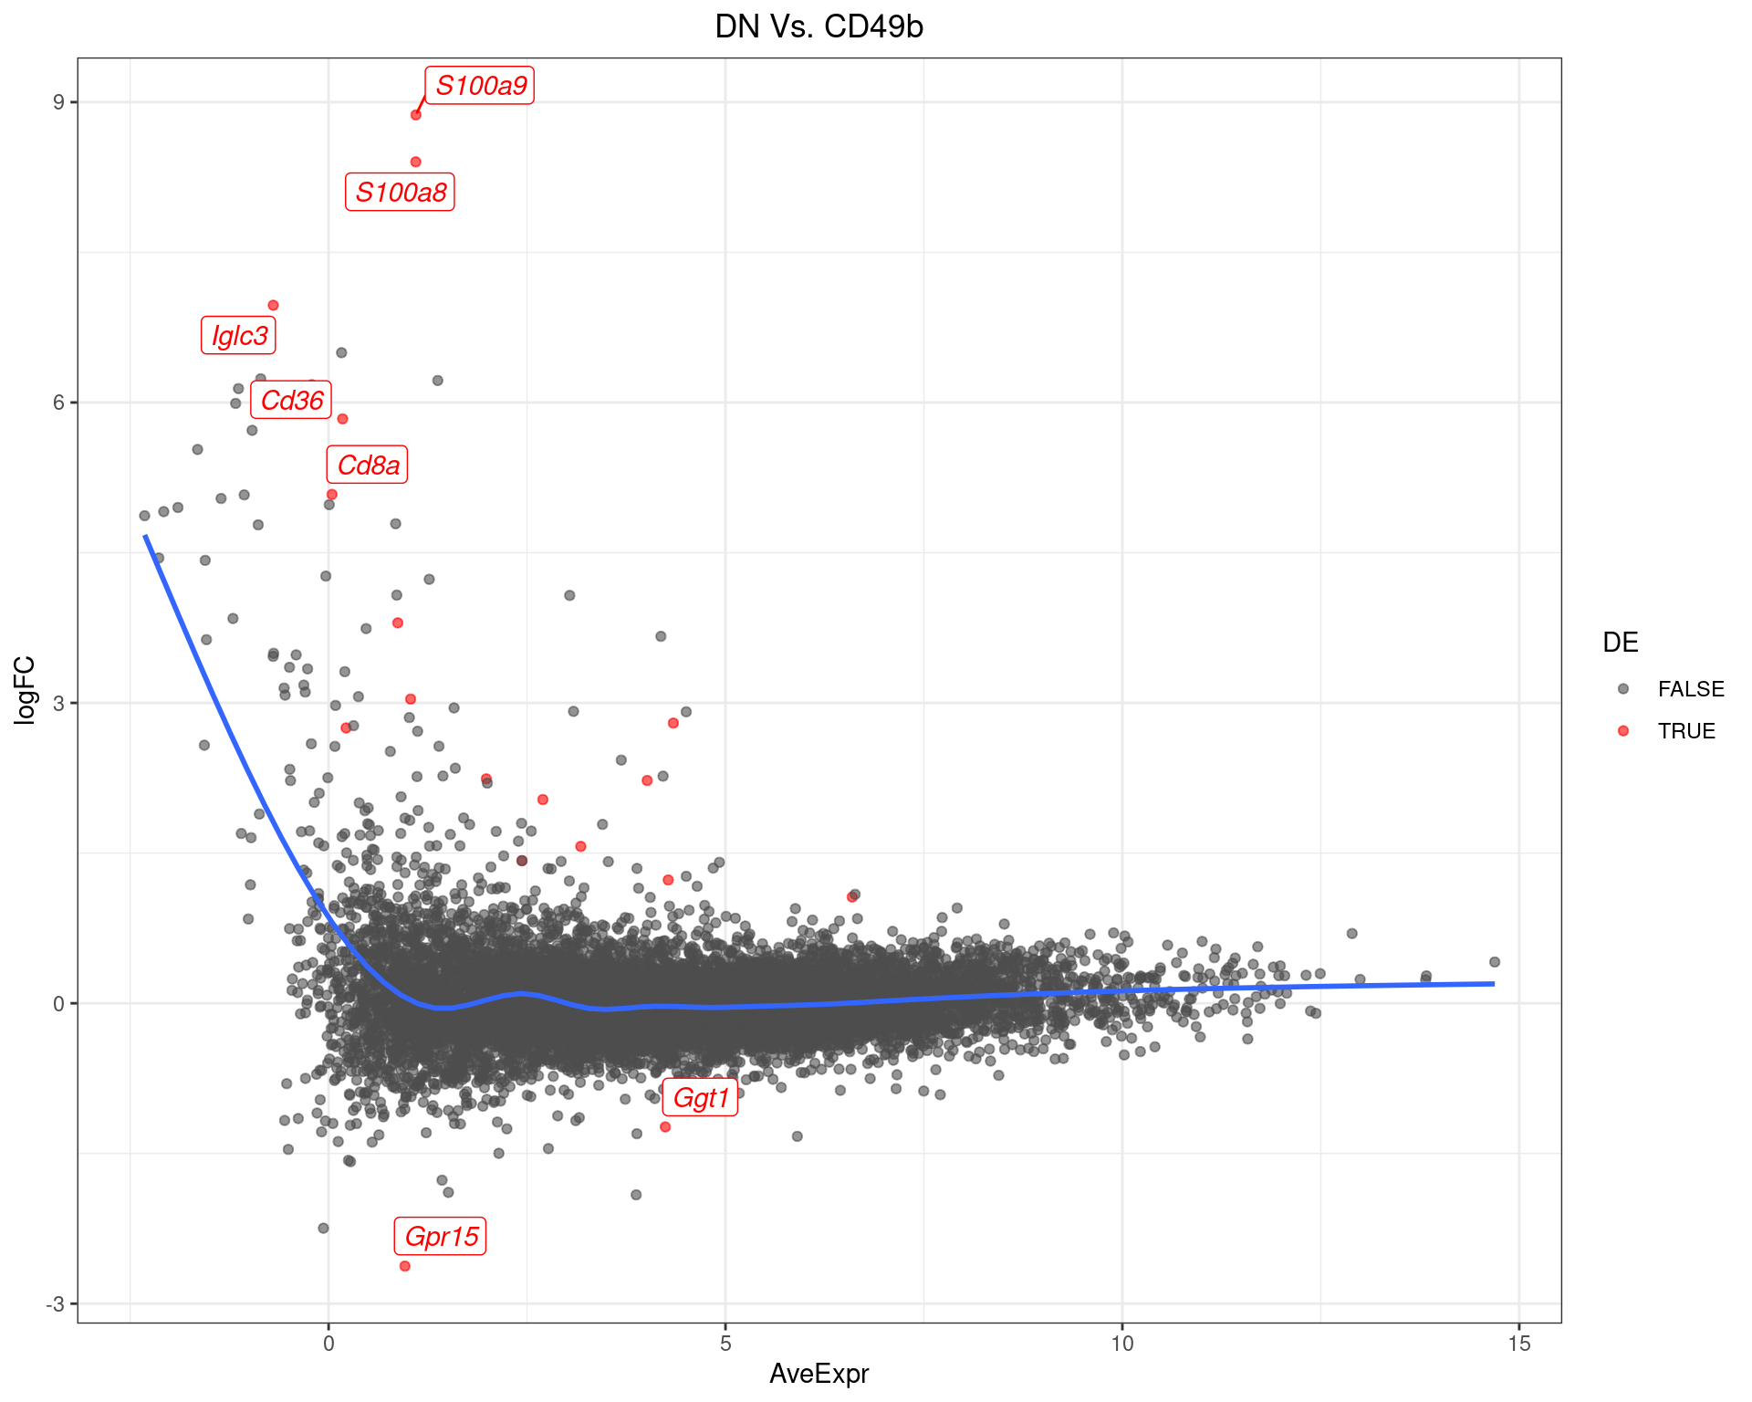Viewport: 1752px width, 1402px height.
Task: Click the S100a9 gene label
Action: [x=480, y=86]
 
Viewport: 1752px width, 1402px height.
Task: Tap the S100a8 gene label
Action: [x=401, y=193]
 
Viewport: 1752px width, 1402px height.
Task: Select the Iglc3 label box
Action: [x=239, y=336]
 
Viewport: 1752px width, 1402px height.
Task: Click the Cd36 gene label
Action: [x=292, y=401]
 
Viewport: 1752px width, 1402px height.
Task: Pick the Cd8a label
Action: [x=368, y=466]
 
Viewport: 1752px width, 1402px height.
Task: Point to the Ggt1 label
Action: [x=701, y=1098]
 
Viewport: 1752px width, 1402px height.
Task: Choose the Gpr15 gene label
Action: [x=441, y=1237]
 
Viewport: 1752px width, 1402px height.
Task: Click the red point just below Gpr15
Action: [x=405, y=1266]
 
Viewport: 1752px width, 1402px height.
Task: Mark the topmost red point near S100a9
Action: [x=416, y=115]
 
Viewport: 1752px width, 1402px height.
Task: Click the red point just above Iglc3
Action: [x=273, y=306]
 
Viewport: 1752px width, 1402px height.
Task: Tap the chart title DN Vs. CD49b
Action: [x=819, y=27]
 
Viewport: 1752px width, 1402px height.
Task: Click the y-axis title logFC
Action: [x=26, y=690]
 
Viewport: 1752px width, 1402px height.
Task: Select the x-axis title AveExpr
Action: [x=819, y=1374]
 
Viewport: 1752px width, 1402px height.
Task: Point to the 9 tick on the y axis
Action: [x=58, y=102]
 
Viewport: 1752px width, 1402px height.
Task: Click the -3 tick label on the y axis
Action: [x=56, y=1303]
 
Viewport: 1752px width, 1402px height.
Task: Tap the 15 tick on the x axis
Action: [x=1519, y=1344]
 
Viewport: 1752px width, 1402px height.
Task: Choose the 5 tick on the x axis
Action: [x=725, y=1344]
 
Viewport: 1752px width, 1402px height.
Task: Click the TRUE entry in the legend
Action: [x=1686, y=731]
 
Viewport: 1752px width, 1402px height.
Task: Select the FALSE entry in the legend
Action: [x=1690, y=689]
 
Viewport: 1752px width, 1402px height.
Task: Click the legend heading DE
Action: [x=1620, y=643]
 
